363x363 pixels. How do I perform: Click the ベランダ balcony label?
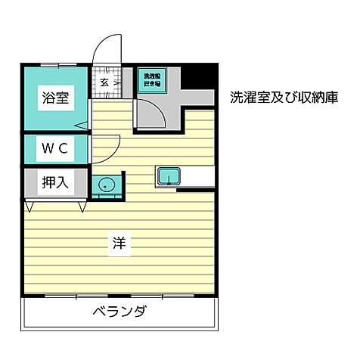coord(119,312)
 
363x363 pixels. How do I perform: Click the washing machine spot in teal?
coord(149,79)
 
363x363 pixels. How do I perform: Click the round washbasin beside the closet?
coord(104,184)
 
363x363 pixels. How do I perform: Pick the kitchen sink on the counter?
coord(168,176)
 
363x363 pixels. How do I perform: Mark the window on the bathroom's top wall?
coord(54,65)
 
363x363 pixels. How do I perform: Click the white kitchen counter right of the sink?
coord(197,176)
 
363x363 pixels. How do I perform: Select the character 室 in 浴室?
coord(63,97)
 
